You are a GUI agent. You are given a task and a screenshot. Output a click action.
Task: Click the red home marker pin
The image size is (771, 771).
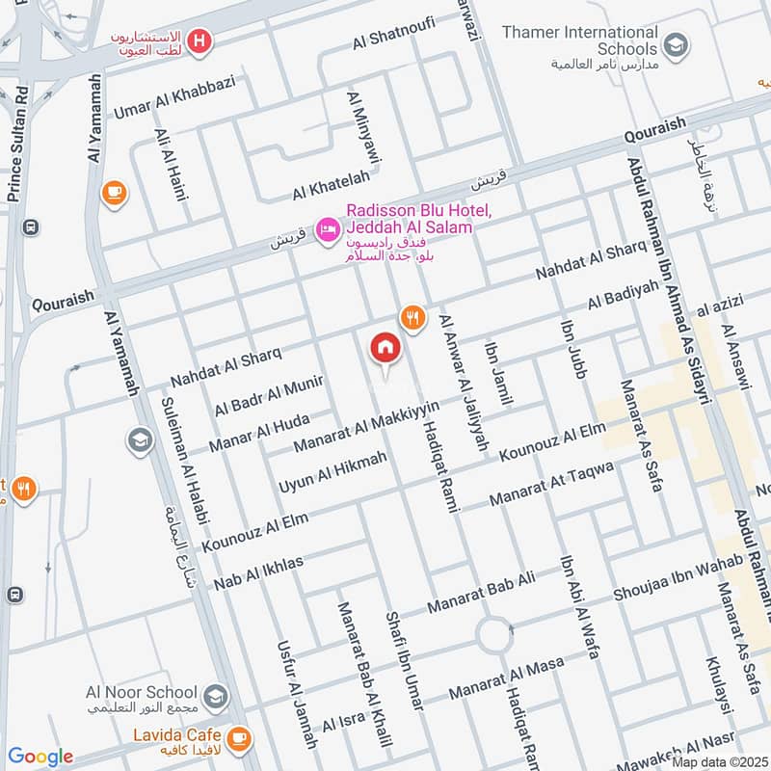pyautogui.click(x=385, y=350)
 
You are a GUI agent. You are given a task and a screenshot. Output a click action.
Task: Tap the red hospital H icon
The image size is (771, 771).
pyautogui.click(x=200, y=40)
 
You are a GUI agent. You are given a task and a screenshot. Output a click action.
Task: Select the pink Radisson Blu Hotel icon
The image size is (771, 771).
pyautogui.click(x=329, y=227)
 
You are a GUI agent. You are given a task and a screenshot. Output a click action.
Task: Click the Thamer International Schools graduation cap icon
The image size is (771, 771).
pyautogui.click(x=677, y=43)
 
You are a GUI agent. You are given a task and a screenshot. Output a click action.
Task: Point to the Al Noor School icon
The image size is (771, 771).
pyautogui.click(x=217, y=694)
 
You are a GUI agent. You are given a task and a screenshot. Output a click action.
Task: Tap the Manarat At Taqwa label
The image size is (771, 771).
pyautogui.click(x=551, y=487)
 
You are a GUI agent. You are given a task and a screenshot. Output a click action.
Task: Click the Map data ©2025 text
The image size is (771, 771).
pyautogui.click(x=719, y=761)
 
